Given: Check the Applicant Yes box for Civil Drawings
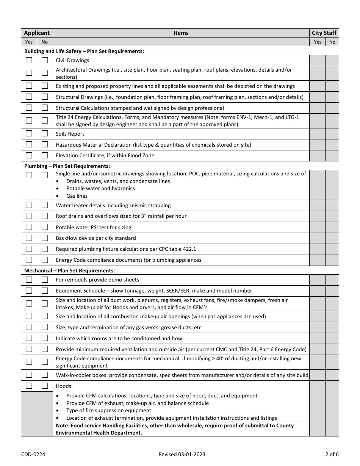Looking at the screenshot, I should (x=29, y=60).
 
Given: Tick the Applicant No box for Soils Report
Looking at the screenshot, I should (x=45, y=133).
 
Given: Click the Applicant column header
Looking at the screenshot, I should (x=37, y=33).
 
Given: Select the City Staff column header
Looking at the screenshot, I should (x=324, y=33).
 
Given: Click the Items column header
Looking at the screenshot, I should (x=181, y=33).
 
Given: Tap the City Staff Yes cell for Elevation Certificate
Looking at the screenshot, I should (x=317, y=156).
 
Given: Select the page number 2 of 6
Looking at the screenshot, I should (x=331, y=454).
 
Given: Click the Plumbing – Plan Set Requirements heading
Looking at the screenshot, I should (x=67, y=166).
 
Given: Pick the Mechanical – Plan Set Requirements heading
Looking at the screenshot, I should (x=69, y=271).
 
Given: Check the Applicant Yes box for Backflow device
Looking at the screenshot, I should (x=29, y=238).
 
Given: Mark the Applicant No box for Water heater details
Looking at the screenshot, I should (x=45, y=205).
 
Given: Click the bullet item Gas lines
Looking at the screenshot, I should (x=77, y=196).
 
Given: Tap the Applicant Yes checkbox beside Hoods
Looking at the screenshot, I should (x=29, y=386).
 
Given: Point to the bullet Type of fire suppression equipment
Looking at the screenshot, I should (x=108, y=410).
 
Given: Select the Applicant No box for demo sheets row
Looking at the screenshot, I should (x=45, y=280).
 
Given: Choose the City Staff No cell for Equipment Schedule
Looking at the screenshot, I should (x=332, y=291).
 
